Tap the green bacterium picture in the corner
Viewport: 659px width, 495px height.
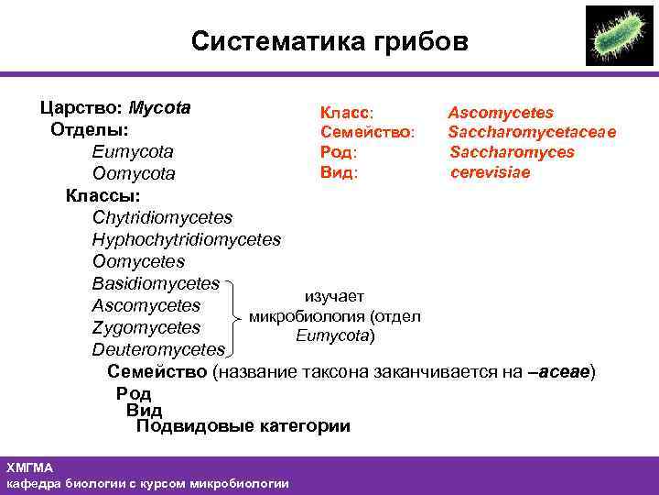[619, 36]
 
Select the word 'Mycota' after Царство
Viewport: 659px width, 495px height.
[160, 107]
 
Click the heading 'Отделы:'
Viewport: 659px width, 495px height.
[89, 129]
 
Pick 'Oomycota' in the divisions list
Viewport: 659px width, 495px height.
[134, 173]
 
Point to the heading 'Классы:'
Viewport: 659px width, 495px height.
[103, 195]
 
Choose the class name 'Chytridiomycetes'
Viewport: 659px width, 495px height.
[162, 218]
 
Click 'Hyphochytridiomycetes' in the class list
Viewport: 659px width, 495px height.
[186, 239]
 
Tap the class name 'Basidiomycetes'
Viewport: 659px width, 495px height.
[156, 283]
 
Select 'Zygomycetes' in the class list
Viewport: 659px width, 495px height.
[146, 327]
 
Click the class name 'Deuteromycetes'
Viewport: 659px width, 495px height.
[157, 349]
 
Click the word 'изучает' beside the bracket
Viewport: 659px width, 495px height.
[334, 296]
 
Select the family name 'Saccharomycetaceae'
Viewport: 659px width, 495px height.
[532, 133]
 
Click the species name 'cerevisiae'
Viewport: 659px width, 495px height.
[490, 172]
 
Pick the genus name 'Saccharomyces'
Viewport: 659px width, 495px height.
[512, 152]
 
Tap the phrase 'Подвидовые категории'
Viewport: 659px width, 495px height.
[243, 426]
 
